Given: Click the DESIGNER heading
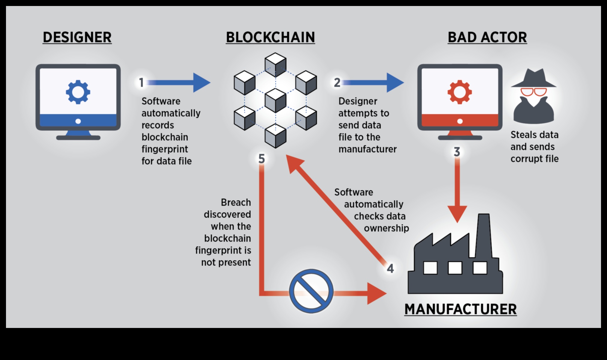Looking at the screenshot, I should [77, 37].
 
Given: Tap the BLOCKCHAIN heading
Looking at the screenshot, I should [270, 37].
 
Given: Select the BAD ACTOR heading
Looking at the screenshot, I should [487, 37].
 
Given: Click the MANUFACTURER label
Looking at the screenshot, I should [460, 309].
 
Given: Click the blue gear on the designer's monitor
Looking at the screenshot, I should [78, 92].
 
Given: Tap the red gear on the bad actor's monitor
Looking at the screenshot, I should [459, 92].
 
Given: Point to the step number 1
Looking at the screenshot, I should [142, 82].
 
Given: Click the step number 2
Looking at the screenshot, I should [337, 82].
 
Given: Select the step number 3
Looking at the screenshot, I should [457, 152].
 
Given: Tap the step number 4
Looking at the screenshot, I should [390, 268].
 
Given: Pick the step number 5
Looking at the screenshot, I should [262, 159].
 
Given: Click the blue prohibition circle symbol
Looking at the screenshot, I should [311, 291].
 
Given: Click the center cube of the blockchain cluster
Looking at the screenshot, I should [275, 100].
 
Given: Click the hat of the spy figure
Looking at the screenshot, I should [534, 78].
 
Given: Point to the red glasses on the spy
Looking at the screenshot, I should [533, 92].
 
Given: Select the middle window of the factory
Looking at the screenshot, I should [455, 268].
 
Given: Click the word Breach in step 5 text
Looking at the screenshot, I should [236, 202].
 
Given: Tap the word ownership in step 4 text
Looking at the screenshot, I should [386, 228].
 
